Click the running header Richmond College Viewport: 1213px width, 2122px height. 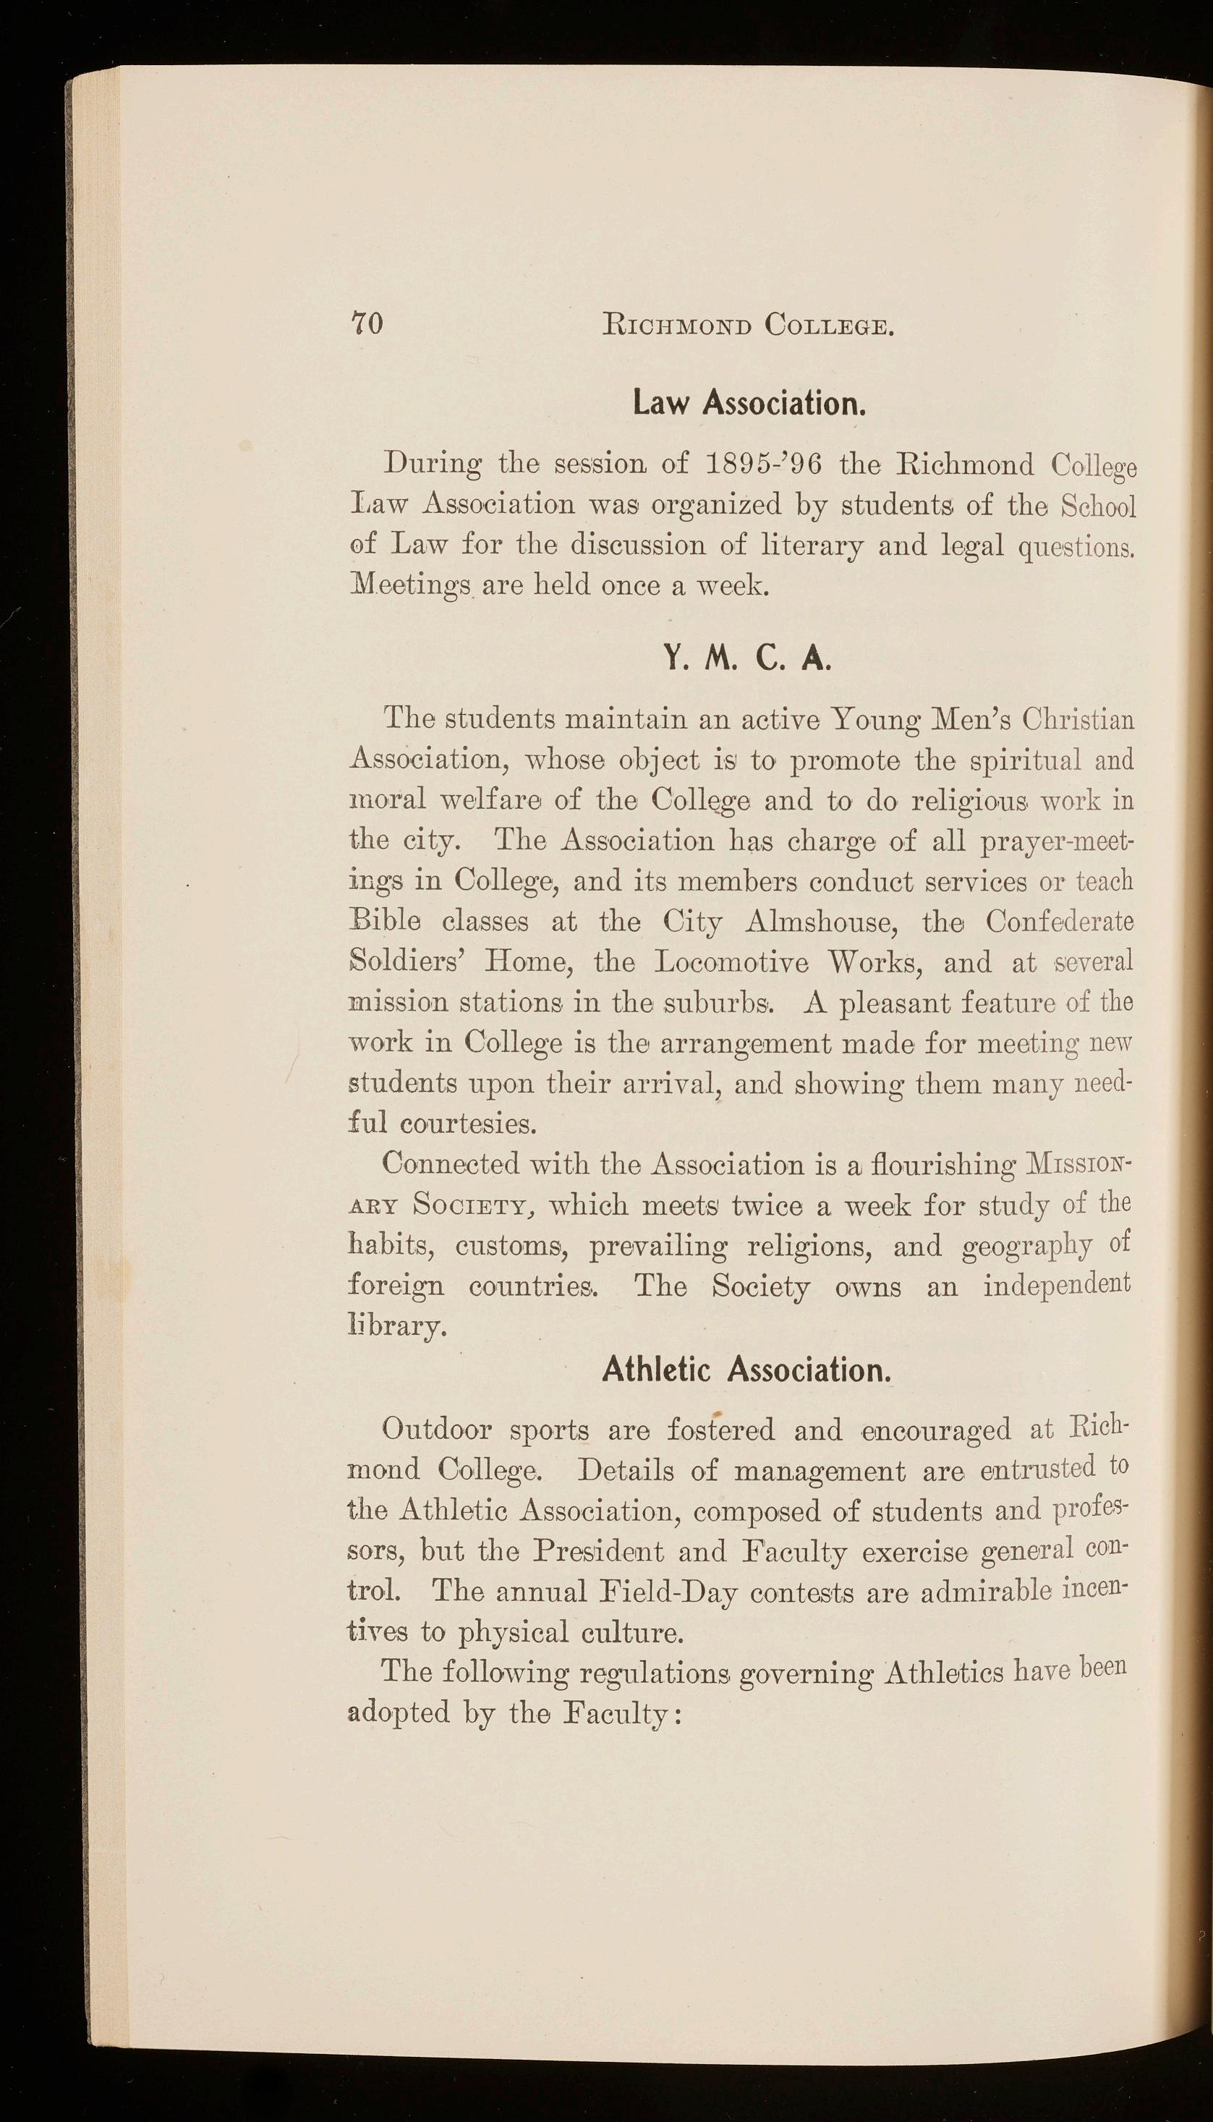749,323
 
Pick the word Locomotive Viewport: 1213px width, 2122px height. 731,963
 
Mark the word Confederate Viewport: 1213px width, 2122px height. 1060,922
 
